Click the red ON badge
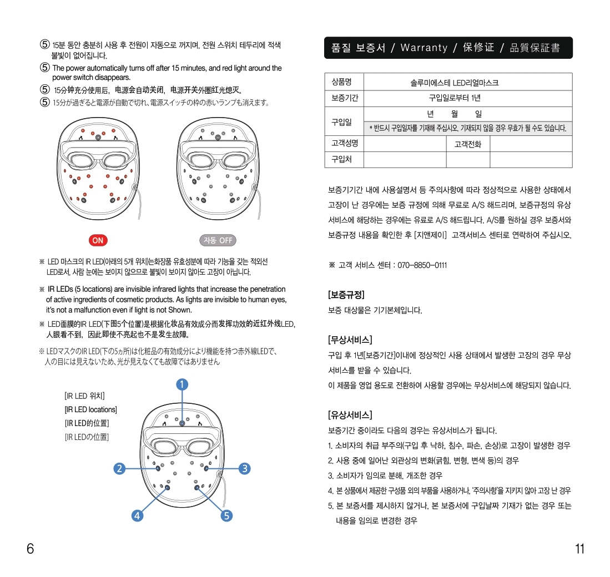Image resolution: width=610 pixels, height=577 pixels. (98, 240)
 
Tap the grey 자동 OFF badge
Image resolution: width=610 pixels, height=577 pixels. (218, 240)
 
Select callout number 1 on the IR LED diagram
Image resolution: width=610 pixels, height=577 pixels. (182, 384)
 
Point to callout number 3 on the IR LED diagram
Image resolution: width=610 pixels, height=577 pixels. (244, 468)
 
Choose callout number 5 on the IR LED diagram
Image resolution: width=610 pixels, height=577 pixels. (226, 515)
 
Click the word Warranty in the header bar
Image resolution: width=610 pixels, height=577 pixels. (424, 48)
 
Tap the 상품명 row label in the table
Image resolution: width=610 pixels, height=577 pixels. (341, 82)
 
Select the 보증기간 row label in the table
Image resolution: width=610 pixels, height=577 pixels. (344, 98)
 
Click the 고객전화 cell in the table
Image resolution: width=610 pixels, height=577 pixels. (468, 144)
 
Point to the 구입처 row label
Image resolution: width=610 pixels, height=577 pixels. (341, 160)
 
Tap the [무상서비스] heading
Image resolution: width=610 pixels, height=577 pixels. (350, 340)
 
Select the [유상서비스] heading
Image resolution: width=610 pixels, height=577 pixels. (350, 415)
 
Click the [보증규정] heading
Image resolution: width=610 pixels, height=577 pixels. (346, 295)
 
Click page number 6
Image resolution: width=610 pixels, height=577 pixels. (31, 549)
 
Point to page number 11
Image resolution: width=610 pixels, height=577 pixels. (579, 549)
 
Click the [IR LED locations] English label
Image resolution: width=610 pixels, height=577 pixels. (91, 409)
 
